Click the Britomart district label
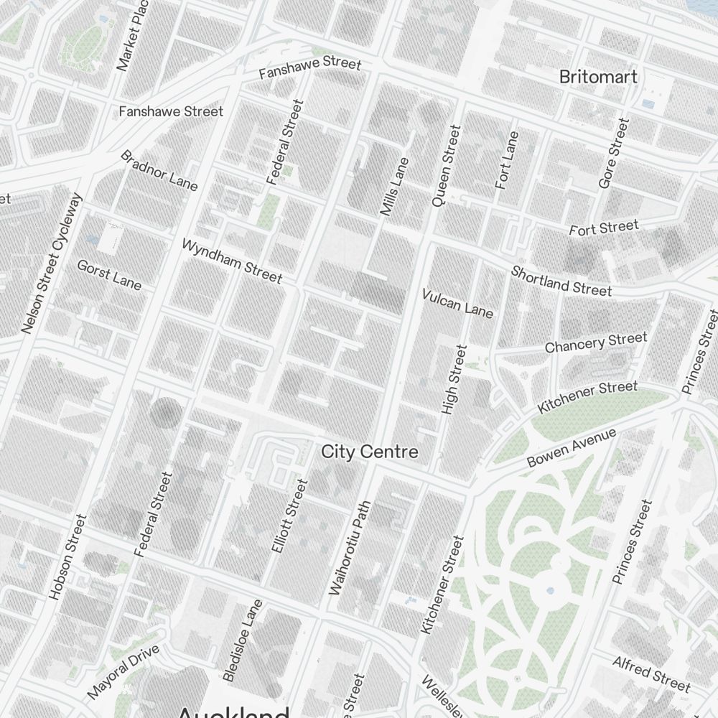[598, 77]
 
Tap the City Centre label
[369, 452]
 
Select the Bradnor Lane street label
[159, 171]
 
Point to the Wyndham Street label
[232, 261]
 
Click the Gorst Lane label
[109, 275]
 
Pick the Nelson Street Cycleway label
[53, 264]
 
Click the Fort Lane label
[506, 160]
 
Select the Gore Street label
[614, 154]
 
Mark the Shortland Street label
[561, 281]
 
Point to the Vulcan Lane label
[457, 303]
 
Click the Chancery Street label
[596, 342]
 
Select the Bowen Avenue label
[572, 449]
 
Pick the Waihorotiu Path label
[348, 548]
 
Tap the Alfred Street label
[651, 672]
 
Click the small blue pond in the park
[549, 590]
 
